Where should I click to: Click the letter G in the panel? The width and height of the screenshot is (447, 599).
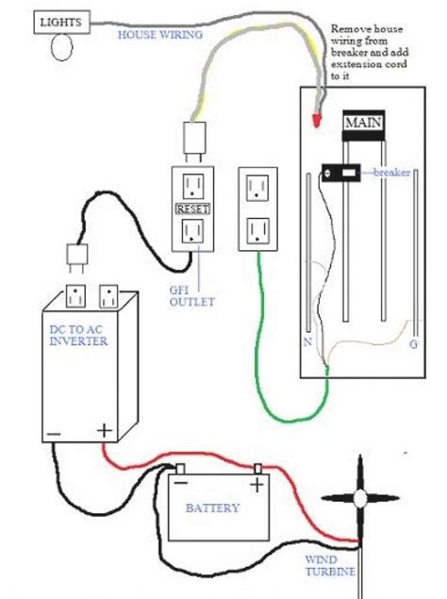pyautogui.click(x=413, y=345)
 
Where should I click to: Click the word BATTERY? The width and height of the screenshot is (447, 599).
pyautogui.click(x=212, y=507)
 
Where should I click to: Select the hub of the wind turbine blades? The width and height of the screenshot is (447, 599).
pyautogui.click(x=360, y=500)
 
